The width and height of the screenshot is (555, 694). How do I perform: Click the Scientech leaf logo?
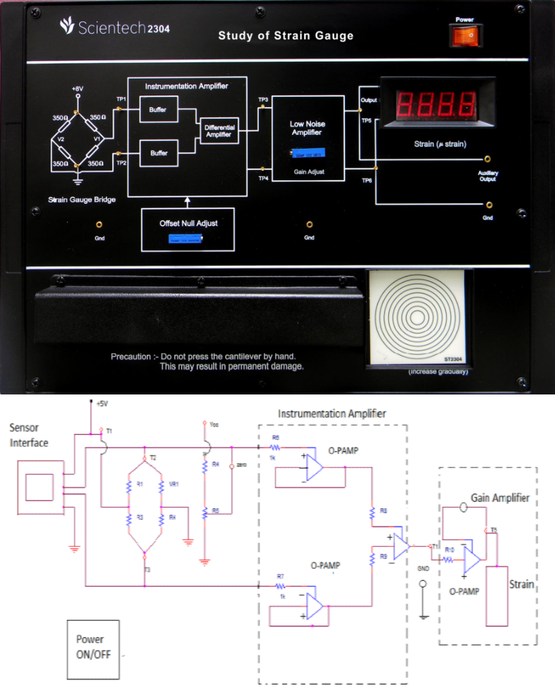[67, 26]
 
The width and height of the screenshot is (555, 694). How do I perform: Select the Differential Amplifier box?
[219, 131]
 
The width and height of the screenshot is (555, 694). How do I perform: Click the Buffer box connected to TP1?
[159, 110]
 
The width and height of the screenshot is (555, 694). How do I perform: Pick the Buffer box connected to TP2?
[159, 153]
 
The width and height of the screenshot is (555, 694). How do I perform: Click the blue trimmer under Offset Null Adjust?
[185, 239]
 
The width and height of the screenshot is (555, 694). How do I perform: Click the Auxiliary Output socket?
[487, 163]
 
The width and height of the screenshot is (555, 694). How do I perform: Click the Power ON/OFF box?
[93, 649]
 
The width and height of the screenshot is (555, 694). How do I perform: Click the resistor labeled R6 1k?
[275, 448]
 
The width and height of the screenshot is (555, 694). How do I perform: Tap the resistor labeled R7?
[280, 584]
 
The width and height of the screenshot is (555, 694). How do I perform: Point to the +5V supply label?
[101, 403]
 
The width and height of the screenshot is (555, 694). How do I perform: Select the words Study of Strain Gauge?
[285, 35]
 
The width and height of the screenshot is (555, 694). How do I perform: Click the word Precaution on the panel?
[130, 356]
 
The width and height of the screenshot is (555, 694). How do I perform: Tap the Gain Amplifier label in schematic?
[501, 498]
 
